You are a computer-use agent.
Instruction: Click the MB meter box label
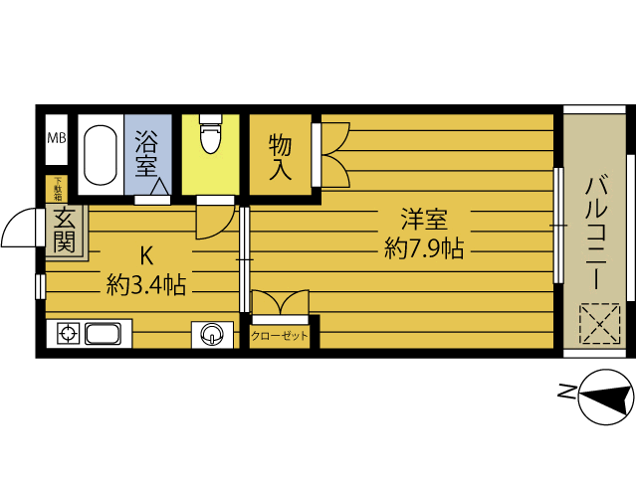56,138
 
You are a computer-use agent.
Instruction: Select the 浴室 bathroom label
147,149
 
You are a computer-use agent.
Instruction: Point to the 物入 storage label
280,157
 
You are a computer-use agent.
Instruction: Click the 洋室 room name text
424,219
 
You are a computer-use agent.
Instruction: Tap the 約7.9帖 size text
424,247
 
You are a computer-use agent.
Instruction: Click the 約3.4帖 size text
146,286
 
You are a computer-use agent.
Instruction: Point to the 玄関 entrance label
64,231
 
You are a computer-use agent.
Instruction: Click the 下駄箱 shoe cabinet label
58,188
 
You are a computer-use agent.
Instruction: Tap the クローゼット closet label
280,336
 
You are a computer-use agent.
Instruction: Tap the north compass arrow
603,397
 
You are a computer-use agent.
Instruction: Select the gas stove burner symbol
68,334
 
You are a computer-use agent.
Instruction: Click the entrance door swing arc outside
19,229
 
